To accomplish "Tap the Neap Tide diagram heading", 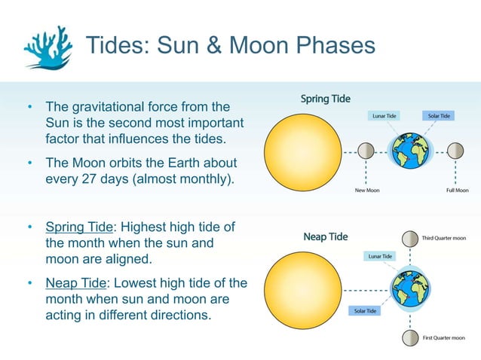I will click(325, 236).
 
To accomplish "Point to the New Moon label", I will click(367, 191).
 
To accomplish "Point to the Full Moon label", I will click(457, 191).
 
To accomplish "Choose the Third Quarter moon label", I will click(443, 238).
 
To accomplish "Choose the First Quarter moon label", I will click(443, 338).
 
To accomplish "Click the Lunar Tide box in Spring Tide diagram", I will click(386, 116).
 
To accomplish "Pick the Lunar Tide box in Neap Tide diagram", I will click(380, 256).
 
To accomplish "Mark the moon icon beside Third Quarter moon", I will click(409, 238).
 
